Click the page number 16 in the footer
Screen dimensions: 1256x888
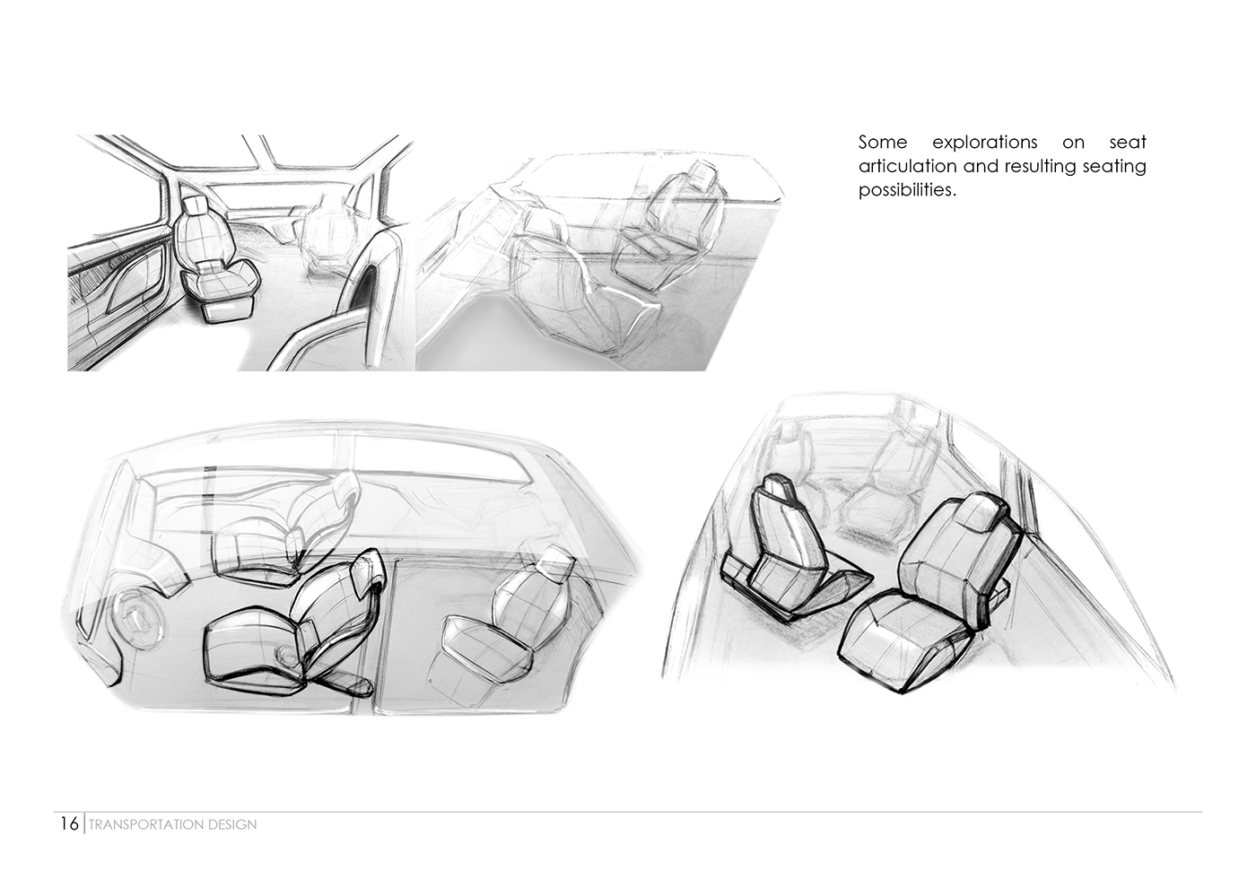pos(70,824)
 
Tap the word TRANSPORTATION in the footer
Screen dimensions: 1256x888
pos(147,824)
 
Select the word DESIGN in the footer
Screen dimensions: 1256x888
pos(232,824)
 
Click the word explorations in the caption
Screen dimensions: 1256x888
pos(985,143)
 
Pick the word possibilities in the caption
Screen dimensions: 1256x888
pos(907,190)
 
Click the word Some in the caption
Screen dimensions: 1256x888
pos(883,143)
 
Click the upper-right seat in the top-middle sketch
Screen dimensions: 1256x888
pos(667,224)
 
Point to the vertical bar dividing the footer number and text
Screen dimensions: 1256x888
pos(84,823)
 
